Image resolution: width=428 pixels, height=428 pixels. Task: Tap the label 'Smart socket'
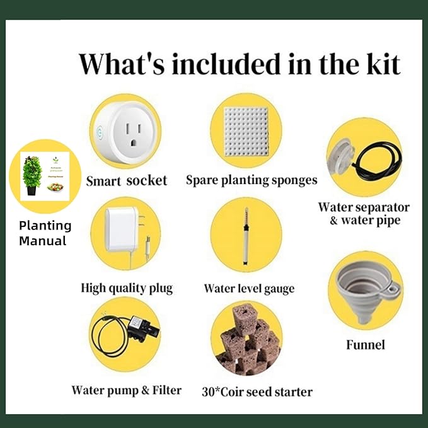point(127,181)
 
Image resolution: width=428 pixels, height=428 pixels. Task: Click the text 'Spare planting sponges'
point(252,180)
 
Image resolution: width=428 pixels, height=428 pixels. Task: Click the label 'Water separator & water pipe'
point(364,213)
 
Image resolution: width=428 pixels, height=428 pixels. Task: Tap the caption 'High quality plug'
point(127,288)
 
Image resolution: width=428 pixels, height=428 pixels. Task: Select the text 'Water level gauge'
point(249,289)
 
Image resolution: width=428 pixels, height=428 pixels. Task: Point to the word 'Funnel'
point(366,345)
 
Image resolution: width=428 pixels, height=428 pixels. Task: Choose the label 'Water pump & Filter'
point(126,390)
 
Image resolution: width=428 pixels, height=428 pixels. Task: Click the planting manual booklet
point(45,176)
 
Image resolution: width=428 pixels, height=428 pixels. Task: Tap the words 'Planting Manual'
point(45,233)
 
